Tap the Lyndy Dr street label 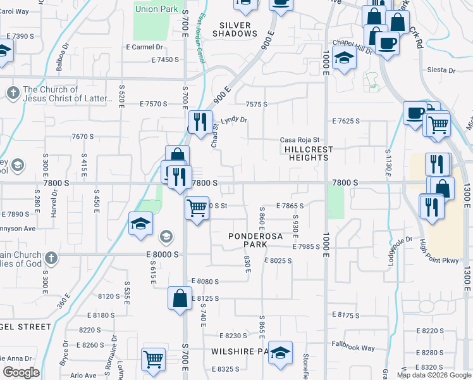[x=234, y=120]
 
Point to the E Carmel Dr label [x=145, y=47]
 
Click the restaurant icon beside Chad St [x=200, y=120]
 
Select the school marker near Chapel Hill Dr [x=344, y=58]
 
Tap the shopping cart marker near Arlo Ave [x=154, y=360]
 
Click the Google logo [x=20, y=372]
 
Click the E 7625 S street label [x=346, y=120]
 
